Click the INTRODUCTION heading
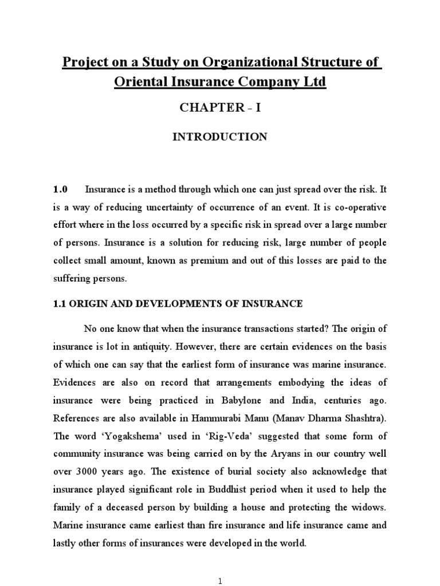221,137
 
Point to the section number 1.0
61,189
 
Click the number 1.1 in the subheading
61,304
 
